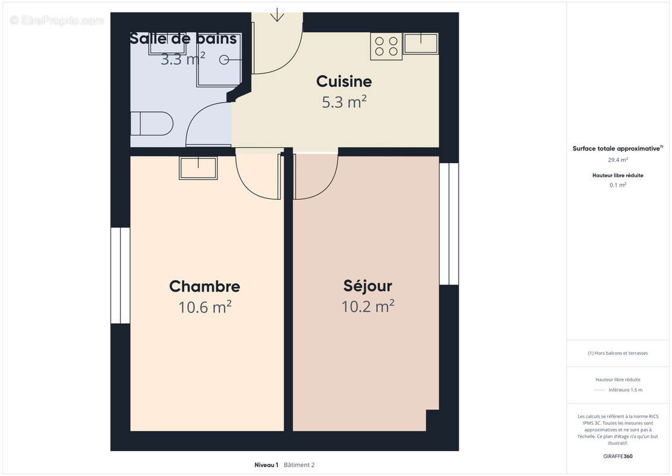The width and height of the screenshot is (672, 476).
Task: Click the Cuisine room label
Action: click(343, 82)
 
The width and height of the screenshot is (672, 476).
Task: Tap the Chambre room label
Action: click(204, 286)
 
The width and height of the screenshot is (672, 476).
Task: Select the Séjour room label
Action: click(368, 286)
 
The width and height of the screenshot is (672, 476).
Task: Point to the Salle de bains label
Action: click(183, 39)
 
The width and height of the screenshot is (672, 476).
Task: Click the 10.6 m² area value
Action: click(205, 308)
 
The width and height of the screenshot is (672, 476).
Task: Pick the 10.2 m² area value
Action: click(368, 306)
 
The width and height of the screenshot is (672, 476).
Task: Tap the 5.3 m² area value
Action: click(344, 102)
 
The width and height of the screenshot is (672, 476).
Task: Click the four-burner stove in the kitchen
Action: click(386, 46)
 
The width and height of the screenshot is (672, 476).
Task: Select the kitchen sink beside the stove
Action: click(421, 43)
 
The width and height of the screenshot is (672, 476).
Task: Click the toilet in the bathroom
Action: click(152, 124)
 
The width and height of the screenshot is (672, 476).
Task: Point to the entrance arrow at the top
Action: click(277, 15)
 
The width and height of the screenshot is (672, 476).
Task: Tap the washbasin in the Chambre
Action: click(198, 168)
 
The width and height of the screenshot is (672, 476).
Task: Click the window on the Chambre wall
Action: click(121, 275)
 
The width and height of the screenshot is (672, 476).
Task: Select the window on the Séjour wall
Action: click(449, 224)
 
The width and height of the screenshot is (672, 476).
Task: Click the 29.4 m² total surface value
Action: click(617, 159)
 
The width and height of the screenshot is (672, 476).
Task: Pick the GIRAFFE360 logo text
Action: click(617, 456)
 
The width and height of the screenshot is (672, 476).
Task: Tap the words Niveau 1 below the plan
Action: click(266, 465)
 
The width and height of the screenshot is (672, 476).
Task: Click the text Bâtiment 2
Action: click(299, 465)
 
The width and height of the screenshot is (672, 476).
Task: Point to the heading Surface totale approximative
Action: click(616, 149)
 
